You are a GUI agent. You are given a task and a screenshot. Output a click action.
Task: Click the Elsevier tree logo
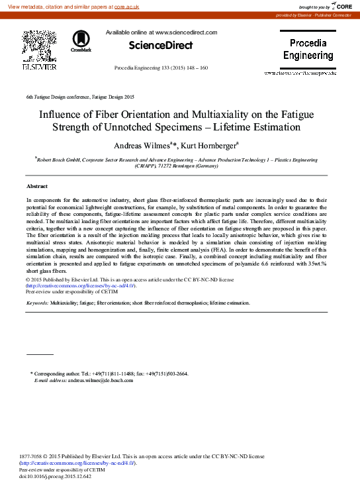tap(39, 46)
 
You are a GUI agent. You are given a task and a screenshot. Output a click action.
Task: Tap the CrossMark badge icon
tap(81, 41)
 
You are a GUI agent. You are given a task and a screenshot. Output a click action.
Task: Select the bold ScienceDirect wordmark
tap(161, 46)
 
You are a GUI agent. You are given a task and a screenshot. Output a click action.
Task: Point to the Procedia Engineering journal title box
tap(308, 50)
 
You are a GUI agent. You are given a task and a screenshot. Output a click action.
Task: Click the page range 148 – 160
tap(195, 68)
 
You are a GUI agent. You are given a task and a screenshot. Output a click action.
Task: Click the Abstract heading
tap(37, 186)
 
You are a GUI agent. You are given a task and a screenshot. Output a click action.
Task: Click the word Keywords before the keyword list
tap(37, 303)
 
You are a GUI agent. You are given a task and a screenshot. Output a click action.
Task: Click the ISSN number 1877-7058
tap(33, 456)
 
